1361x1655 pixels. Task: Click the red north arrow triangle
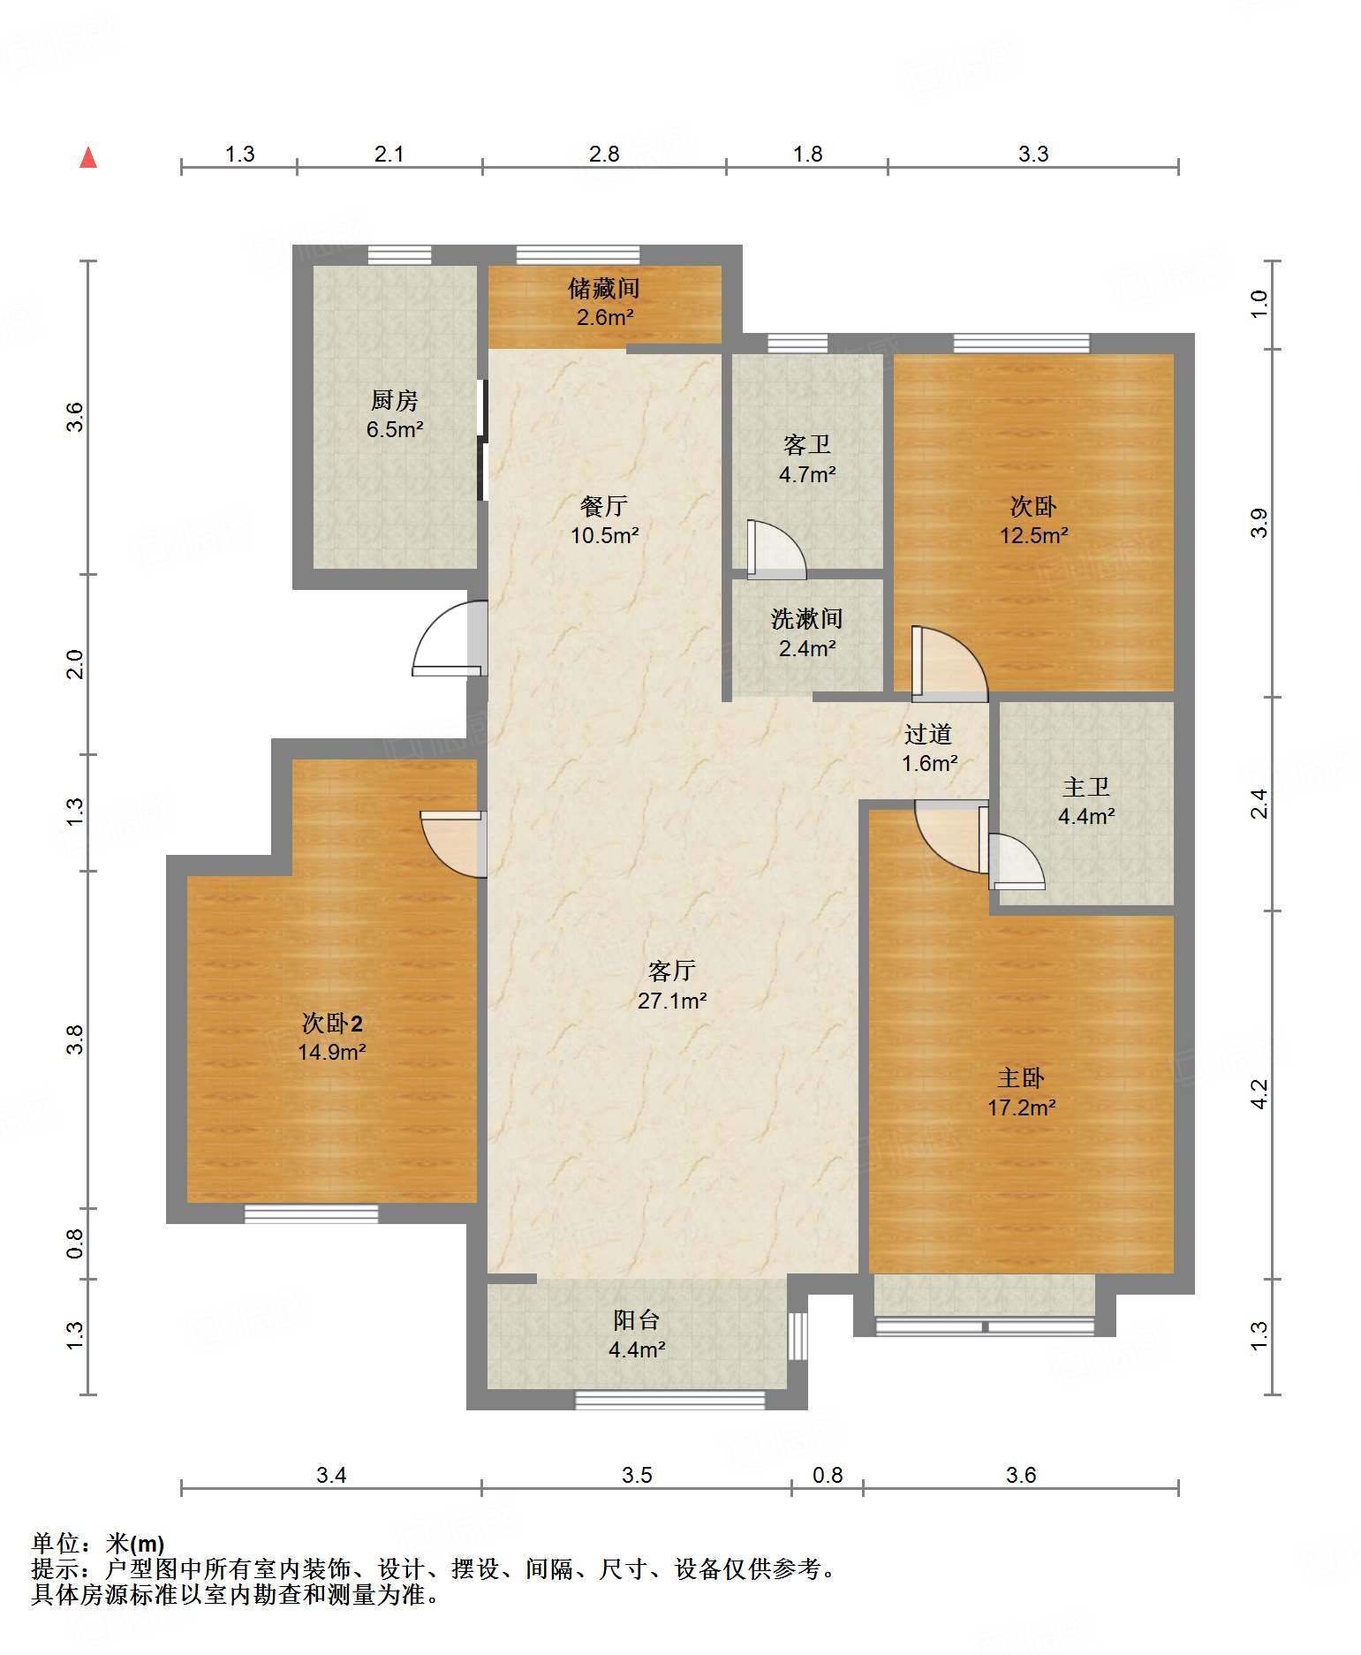(x=88, y=157)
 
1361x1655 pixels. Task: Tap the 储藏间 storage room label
(x=604, y=288)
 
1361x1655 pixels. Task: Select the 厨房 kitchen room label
(x=394, y=401)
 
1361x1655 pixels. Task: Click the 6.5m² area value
(x=395, y=430)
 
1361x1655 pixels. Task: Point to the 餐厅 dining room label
(x=604, y=506)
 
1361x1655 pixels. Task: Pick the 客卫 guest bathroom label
(x=807, y=445)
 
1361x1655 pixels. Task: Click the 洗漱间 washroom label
(x=807, y=619)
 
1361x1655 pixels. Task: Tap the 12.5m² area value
(x=1033, y=535)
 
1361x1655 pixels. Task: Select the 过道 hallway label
(x=928, y=734)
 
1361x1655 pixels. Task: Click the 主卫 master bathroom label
(x=1086, y=787)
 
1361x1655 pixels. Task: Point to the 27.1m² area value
(x=672, y=1001)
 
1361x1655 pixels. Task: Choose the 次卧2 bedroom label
(x=332, y=1024)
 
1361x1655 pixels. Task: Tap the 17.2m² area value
(x=1022, y=1107)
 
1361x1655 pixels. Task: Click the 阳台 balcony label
(x=637, y=1320)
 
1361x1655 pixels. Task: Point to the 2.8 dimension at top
(x=604, y=154)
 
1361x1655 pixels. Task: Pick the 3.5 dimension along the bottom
(x=637, y=1475)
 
